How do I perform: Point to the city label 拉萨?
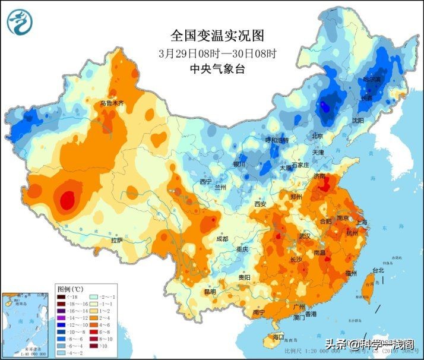coord(117,240)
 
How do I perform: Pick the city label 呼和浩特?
coord(276,140)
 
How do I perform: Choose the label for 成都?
coord(222,239)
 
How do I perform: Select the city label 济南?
coord(319,176)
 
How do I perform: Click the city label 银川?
coord(239,163)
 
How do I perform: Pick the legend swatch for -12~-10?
coord(61,325)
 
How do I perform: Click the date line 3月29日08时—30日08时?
coord(217,53)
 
